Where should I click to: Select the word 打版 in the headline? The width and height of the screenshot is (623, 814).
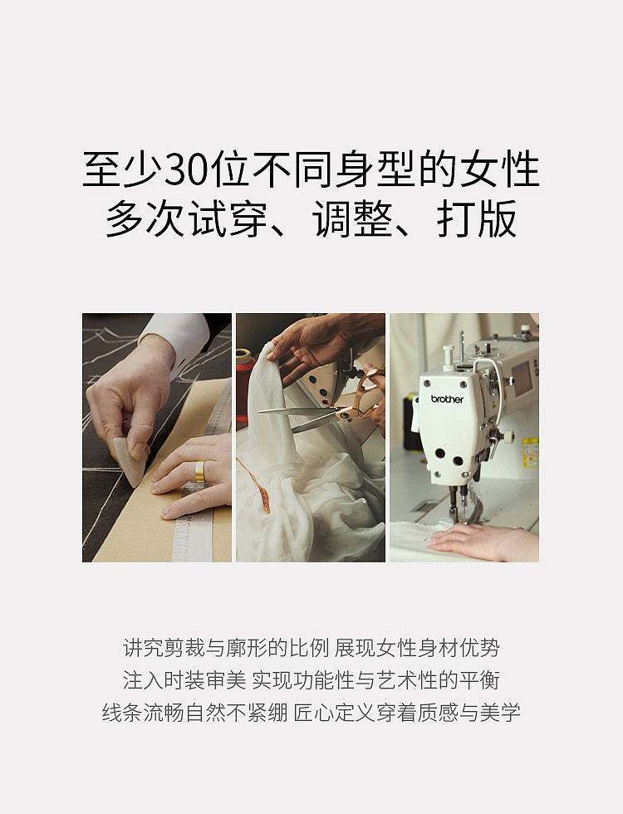pyautogui.click(x=476, y=218)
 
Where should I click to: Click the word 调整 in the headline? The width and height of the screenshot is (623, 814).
pyautogui.click(x=352, y=218)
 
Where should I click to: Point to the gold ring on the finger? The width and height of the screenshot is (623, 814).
pyautogui.click(x=200, y=472)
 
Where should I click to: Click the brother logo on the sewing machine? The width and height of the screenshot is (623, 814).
pyautogui.click(x=447, y=399)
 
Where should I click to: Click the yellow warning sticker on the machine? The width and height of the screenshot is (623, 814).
pyautogui.click(x=530, y=452)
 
